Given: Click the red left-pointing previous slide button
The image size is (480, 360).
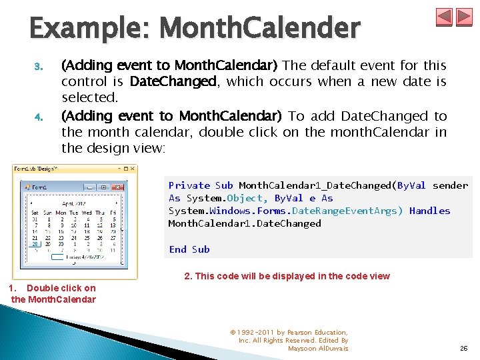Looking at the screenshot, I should pyautogui.click(x=444, y=17).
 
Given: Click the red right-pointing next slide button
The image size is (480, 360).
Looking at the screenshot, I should pyautogui.click(x=464, y=17).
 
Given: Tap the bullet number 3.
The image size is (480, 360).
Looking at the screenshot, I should pyautogui.click(x=38, y=67).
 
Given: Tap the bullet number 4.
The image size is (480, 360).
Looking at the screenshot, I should pyautogui.click(x=38, y=117).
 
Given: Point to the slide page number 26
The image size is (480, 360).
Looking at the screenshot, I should pyautogui.click(x=463, y=347).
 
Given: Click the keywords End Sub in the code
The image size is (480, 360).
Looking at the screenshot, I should pyautogui.click(x=189, y=249).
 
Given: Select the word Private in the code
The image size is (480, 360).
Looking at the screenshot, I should pyautogui.click(x=189, y=185).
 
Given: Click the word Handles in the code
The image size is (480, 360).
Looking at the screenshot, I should pyautogui.click(x=429, y=211).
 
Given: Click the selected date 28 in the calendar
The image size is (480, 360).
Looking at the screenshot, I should pyautogui.click(x=34, y=244).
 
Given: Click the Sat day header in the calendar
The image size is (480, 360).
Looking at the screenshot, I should pyautogui.click(x=34, y=213).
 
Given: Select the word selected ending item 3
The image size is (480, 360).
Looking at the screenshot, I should pyautogui.click(x=89, y=97).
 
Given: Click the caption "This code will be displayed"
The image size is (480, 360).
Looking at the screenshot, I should pyautogui.click(x=287, y=276).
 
